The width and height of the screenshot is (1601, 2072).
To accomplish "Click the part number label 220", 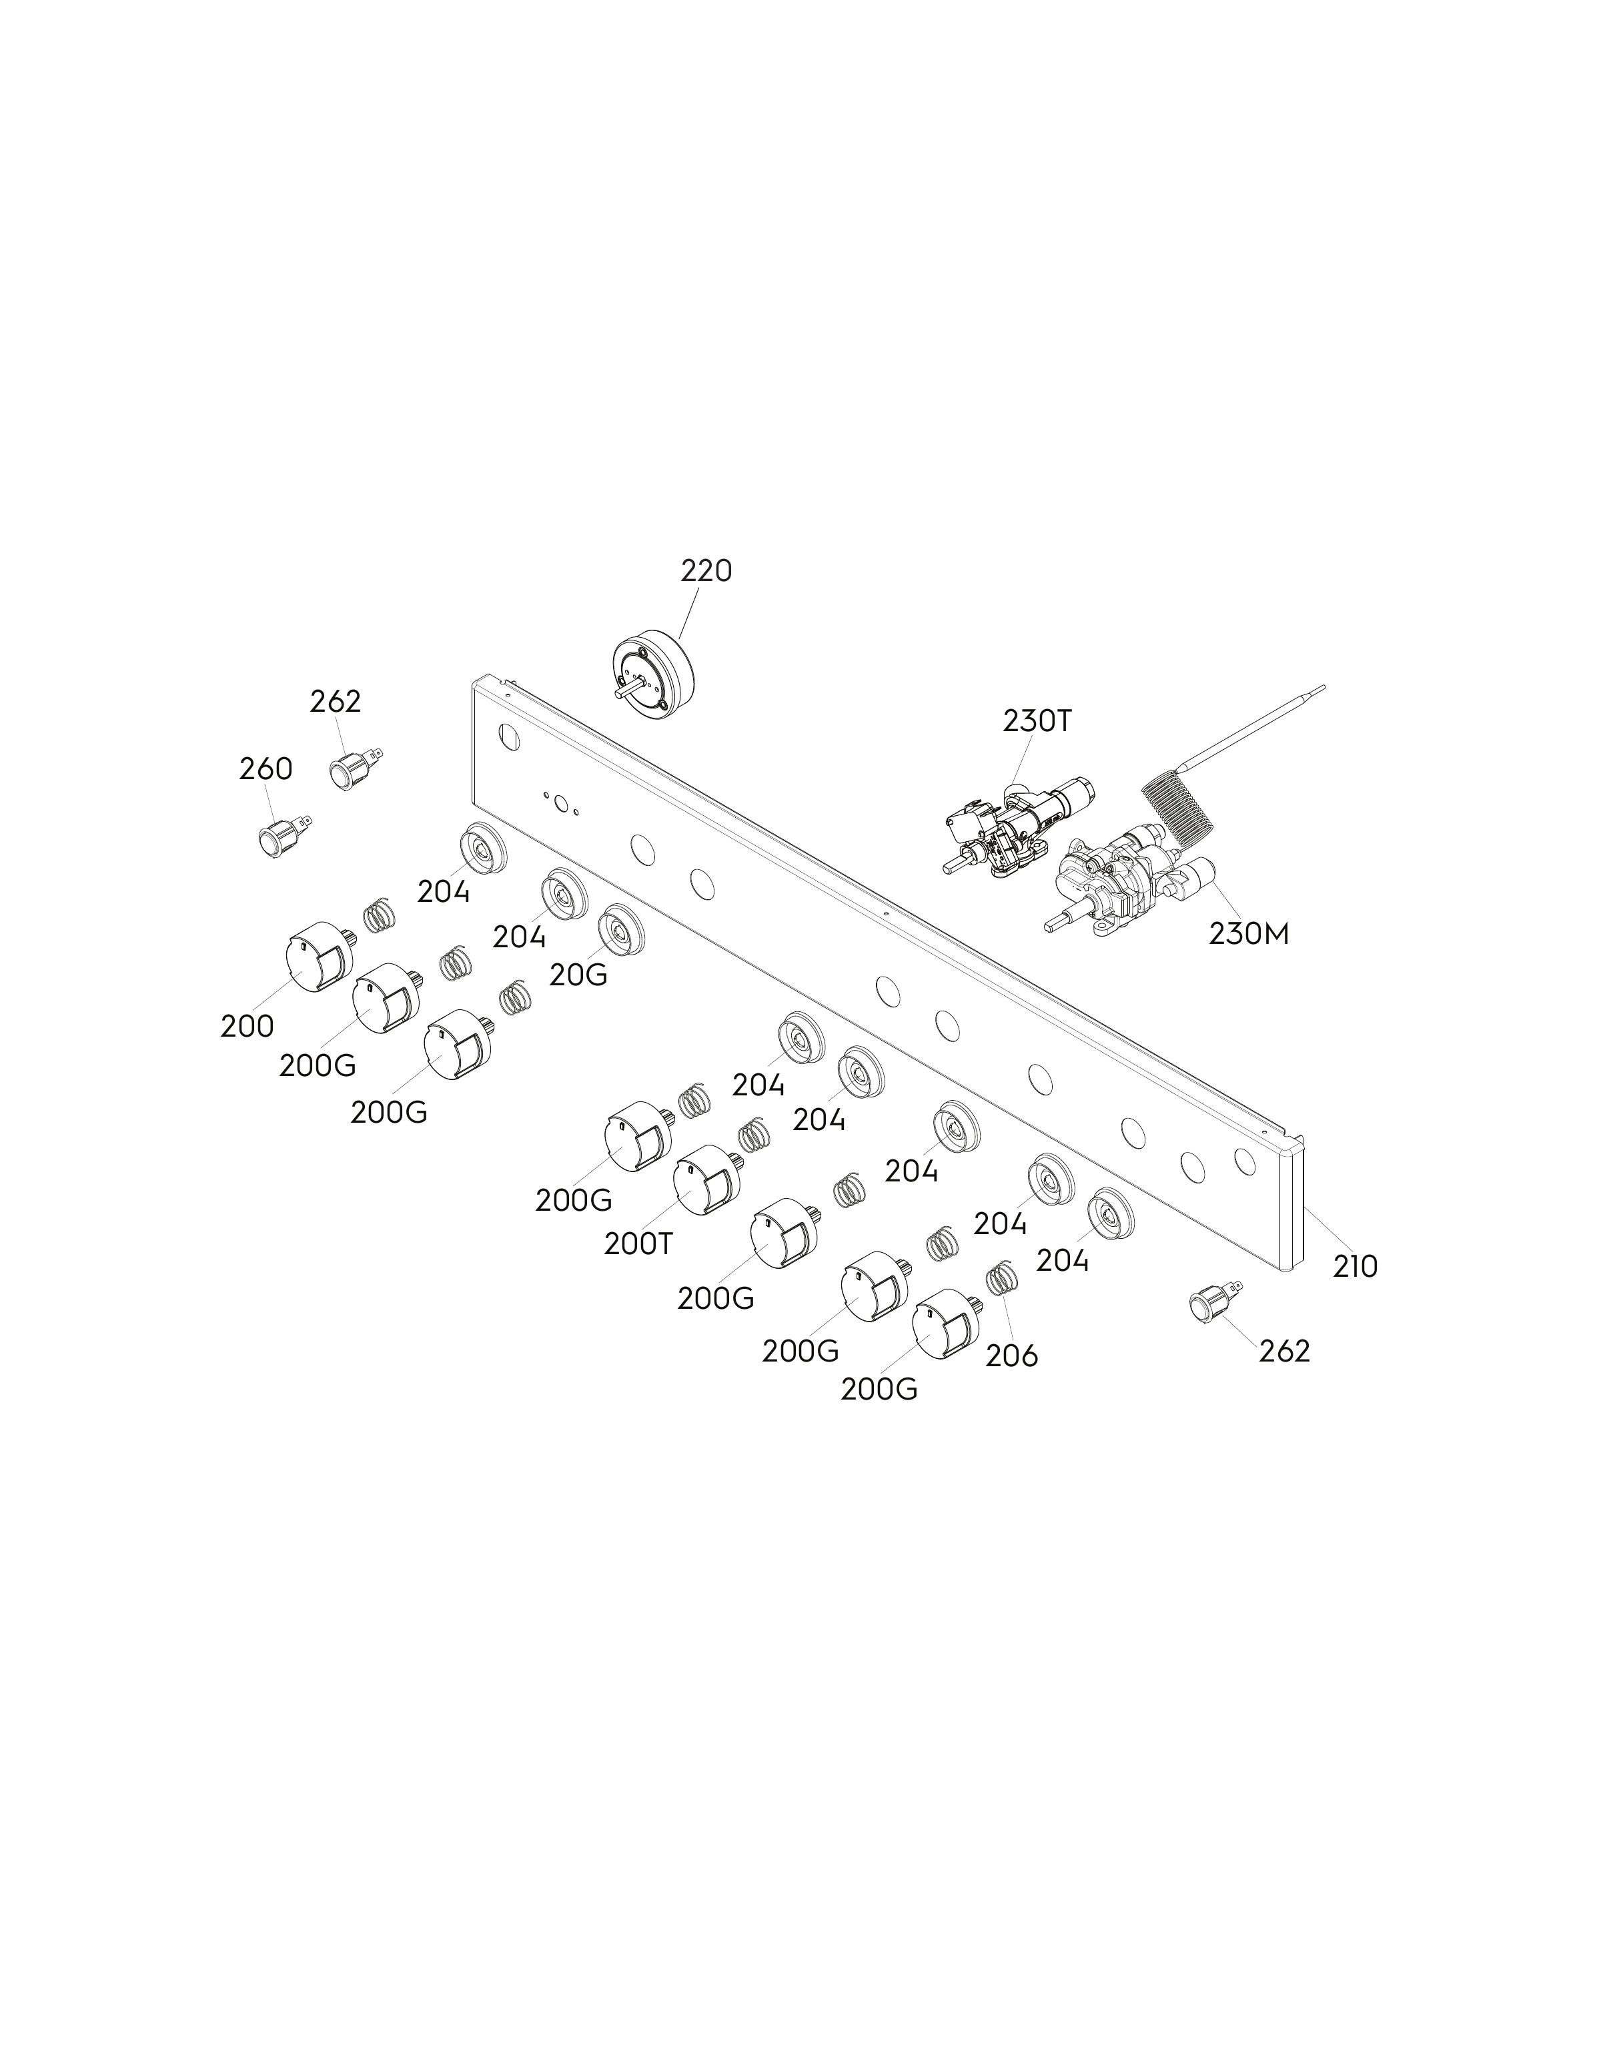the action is point(706,571).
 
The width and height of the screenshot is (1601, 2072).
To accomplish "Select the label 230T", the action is point(1037,721).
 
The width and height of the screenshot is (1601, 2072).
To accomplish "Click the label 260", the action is point(265,768).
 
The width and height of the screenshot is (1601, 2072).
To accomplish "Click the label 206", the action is point(1012,1356).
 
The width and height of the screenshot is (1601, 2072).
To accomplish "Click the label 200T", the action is point(638,1243).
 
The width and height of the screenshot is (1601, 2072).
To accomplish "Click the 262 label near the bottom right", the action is point(1284,1350).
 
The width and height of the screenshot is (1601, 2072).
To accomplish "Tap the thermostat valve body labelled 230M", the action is point(1129,883).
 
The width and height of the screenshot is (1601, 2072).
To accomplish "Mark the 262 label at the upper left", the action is point(336,701).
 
